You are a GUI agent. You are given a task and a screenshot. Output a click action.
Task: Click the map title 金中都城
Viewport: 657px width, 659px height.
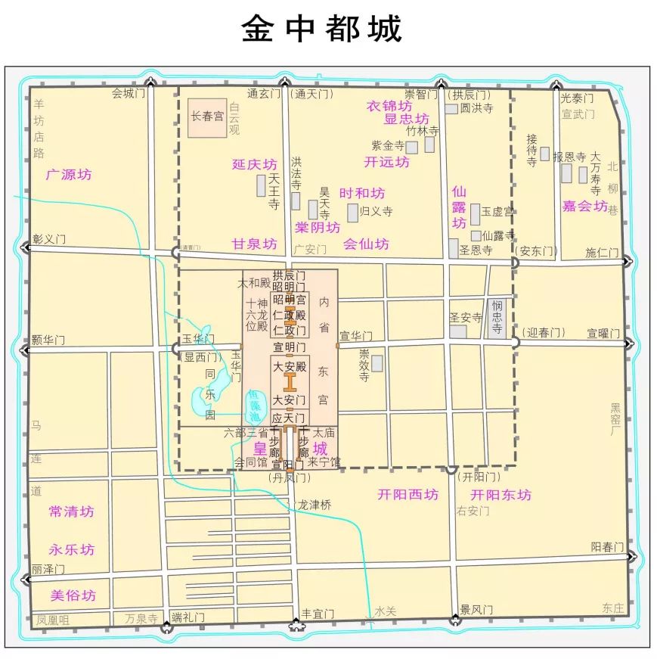(321, 30)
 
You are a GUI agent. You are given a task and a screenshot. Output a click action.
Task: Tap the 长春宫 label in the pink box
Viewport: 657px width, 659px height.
(206, 117)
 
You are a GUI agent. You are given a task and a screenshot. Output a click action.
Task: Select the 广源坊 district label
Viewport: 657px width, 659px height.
(68, 174)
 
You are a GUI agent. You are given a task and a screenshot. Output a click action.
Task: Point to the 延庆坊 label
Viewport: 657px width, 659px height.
(254, 164)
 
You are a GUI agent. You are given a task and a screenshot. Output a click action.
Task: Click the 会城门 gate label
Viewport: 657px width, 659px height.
(127, 93)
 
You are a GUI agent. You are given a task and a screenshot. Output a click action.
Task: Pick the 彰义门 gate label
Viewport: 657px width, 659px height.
(49, 239)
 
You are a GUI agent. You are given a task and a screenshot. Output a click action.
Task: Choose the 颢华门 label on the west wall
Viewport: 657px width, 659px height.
(49, 340)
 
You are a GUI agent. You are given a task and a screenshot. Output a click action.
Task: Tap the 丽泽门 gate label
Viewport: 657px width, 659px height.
(48, 569)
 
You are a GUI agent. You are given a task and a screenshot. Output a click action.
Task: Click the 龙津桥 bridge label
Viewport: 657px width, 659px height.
(315, 505)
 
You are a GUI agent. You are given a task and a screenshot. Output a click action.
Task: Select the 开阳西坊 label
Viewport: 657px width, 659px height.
(408, 495)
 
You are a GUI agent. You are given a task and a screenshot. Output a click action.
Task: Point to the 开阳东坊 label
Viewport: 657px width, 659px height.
(500, 495)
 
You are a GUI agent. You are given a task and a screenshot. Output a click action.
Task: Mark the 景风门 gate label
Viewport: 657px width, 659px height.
(476, 609)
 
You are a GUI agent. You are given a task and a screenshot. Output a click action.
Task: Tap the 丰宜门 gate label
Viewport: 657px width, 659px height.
(318, 613)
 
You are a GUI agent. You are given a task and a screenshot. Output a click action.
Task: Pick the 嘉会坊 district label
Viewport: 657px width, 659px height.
(584, 206)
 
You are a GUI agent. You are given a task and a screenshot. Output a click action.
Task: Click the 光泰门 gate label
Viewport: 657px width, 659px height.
(577, 98)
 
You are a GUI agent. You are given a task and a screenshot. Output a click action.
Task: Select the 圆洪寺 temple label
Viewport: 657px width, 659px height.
(476, 109)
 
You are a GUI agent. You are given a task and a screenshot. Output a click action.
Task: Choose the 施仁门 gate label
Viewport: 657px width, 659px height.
(602, 253)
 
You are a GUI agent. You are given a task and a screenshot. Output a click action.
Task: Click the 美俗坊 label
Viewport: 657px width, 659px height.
(73, 595)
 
